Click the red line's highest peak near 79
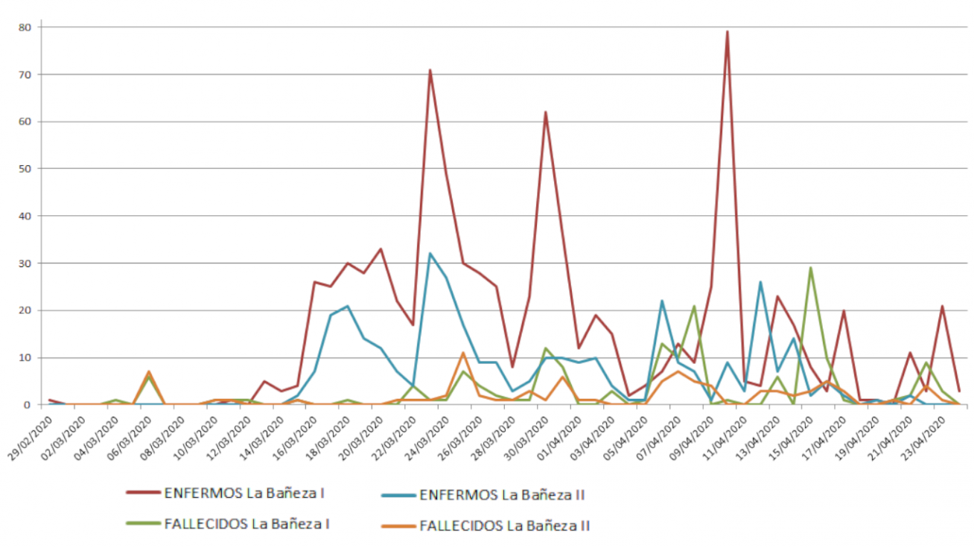[x=727, y=31]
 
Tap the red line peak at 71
[x=430, y=70]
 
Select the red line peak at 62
[x=545, y=112]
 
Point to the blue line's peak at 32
[x=430, y=254]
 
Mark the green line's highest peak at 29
[x=810, y=268]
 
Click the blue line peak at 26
[x=760, y=282]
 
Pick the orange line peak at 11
[x=462, y=353]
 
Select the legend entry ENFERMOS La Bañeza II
[x=506, y=494]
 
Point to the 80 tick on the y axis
[x=27, y=27]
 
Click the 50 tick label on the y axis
[x=27, y=169]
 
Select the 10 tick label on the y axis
[x=27, y=358]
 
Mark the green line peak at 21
[x=694, y=306]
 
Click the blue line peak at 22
[x=661, y=301]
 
